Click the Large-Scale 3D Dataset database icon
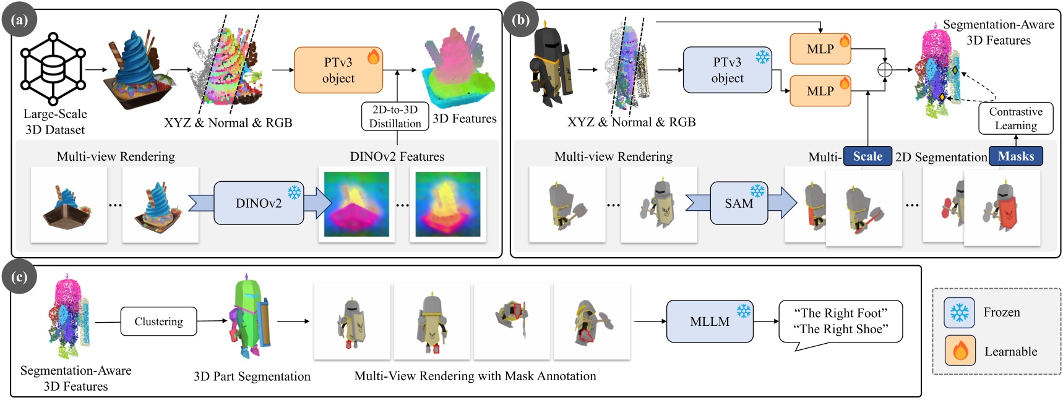pos(53,69)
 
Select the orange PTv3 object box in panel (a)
pos(338,70)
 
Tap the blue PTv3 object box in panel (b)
pos(727,70)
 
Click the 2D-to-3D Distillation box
pos(395,116)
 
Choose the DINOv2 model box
pos(259,203)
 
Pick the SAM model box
pos(739,203)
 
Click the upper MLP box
pos(820,49)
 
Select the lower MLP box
pos(820,91)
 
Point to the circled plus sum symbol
pos(885,70)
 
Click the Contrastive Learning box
pos(1015,118)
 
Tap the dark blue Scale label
pos(867,156)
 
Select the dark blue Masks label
pos(1015,156)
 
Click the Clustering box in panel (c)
pos(158,321)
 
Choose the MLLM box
pos(710,321)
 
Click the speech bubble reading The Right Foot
pos(840,321)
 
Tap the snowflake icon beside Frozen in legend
pos(959,313)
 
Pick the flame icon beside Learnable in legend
pos(960,351)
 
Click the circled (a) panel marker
pos(19,20)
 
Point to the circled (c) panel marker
pos(19,277)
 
